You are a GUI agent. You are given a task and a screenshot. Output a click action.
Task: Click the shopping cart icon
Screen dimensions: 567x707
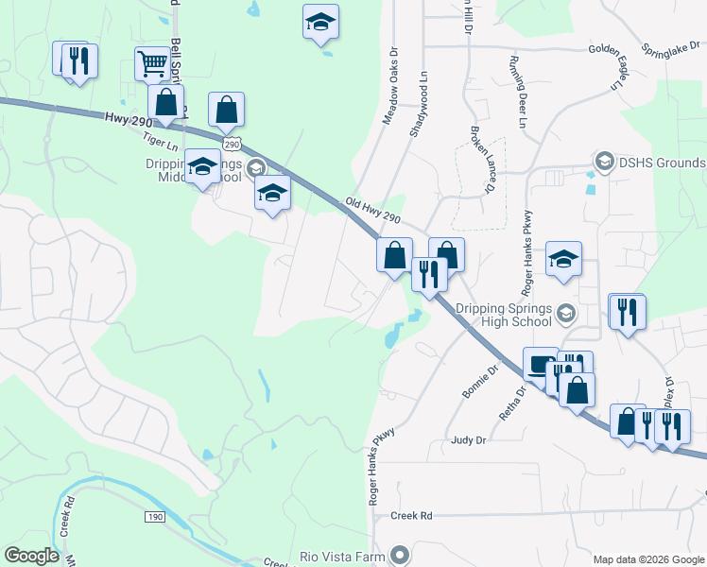coord(151,64)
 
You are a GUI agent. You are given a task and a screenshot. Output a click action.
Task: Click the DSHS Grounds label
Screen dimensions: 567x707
coord(662,163)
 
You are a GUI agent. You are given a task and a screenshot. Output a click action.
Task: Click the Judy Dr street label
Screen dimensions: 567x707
coord(468,439)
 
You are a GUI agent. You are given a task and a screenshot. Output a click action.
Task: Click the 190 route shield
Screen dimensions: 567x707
coord(157,517)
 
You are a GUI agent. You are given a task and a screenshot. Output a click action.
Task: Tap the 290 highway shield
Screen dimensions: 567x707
coord(232,142)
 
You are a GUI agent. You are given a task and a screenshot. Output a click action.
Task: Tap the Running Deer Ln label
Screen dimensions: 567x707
coord(518,92)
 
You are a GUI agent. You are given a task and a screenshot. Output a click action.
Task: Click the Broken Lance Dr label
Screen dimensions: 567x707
coord(481,160)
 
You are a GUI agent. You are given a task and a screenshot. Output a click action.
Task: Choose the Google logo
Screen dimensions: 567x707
coord(31,555)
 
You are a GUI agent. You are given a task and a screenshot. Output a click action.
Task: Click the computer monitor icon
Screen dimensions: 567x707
coord(542,365)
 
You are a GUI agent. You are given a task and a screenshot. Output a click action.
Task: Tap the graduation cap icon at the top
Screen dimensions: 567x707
coord(320,22)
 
